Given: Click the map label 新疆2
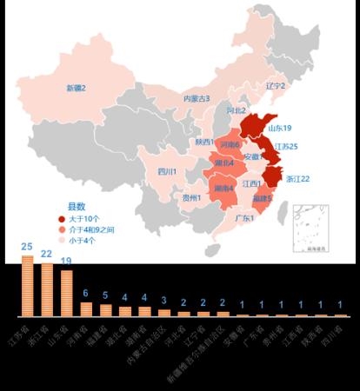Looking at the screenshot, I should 76,88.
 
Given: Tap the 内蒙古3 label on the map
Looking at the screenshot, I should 196,99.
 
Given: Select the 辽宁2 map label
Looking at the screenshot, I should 275,85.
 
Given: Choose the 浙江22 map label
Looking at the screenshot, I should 297,178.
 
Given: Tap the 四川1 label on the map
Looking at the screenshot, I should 167,172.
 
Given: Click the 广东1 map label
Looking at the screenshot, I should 244,218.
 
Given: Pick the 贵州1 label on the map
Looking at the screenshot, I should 192,197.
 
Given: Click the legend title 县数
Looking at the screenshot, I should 77,207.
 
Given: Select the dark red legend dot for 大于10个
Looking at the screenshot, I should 62,219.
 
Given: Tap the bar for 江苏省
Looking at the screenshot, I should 27,286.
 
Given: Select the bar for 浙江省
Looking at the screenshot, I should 47,289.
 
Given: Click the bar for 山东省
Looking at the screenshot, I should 66,293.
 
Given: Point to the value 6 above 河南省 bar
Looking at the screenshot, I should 85,294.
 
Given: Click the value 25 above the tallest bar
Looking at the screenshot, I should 27,247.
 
